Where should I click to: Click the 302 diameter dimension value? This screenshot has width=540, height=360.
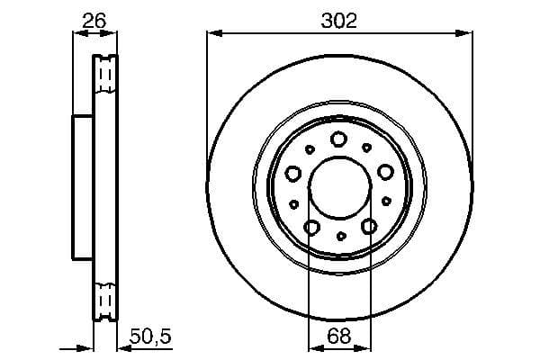click(x=339, y=21)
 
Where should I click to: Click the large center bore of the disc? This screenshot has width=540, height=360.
click(x=338, y=190)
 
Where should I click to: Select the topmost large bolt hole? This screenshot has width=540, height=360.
click(x=338, y=139)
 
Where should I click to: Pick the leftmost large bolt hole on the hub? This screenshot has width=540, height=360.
click(x=292, y=173)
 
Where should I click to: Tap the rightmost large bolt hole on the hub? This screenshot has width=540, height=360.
click(x=385, y=172)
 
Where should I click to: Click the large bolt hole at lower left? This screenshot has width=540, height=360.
click(x=311, y=227)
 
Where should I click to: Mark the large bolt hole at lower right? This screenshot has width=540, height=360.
click(x=368, y=227)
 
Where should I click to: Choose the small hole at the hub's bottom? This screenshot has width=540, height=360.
click(x=340, y=236)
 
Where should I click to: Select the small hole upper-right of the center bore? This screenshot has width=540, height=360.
click(x=366, y=147)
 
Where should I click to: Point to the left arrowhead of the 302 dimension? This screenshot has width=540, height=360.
click(x=212, y=34)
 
